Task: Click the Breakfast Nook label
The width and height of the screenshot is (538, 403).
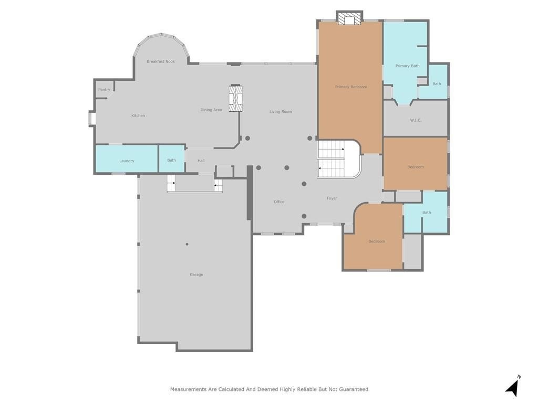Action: (161, 62)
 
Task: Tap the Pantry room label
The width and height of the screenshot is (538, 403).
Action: (104, 90)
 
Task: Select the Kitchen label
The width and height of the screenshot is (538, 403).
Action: (138, 116)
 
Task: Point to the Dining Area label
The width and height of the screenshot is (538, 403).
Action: (211, 110)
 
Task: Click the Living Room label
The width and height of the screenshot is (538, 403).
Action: (281, 112)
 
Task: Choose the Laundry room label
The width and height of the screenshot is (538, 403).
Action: (127, 161)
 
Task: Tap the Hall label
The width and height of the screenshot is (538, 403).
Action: (201, 161)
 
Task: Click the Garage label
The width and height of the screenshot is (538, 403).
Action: (196, 274)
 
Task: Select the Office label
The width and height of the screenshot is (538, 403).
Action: (279, 202)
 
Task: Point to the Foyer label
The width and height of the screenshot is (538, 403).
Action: (332, 198)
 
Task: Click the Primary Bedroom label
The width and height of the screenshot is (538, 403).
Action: (351, 87)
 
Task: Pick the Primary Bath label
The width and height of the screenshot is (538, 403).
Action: (407, 66)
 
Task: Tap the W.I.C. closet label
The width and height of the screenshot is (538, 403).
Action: (416, 120)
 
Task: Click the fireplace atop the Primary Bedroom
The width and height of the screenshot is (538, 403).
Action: (349, 18)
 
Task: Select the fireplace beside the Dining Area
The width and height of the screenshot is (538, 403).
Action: (236, 98)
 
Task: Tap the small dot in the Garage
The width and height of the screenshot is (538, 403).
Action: (187, 245)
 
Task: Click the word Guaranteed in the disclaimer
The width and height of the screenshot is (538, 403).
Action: (354, 389)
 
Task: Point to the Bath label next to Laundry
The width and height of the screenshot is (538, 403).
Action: (172, 161)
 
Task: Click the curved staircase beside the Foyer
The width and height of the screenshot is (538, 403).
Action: (339, 159)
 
